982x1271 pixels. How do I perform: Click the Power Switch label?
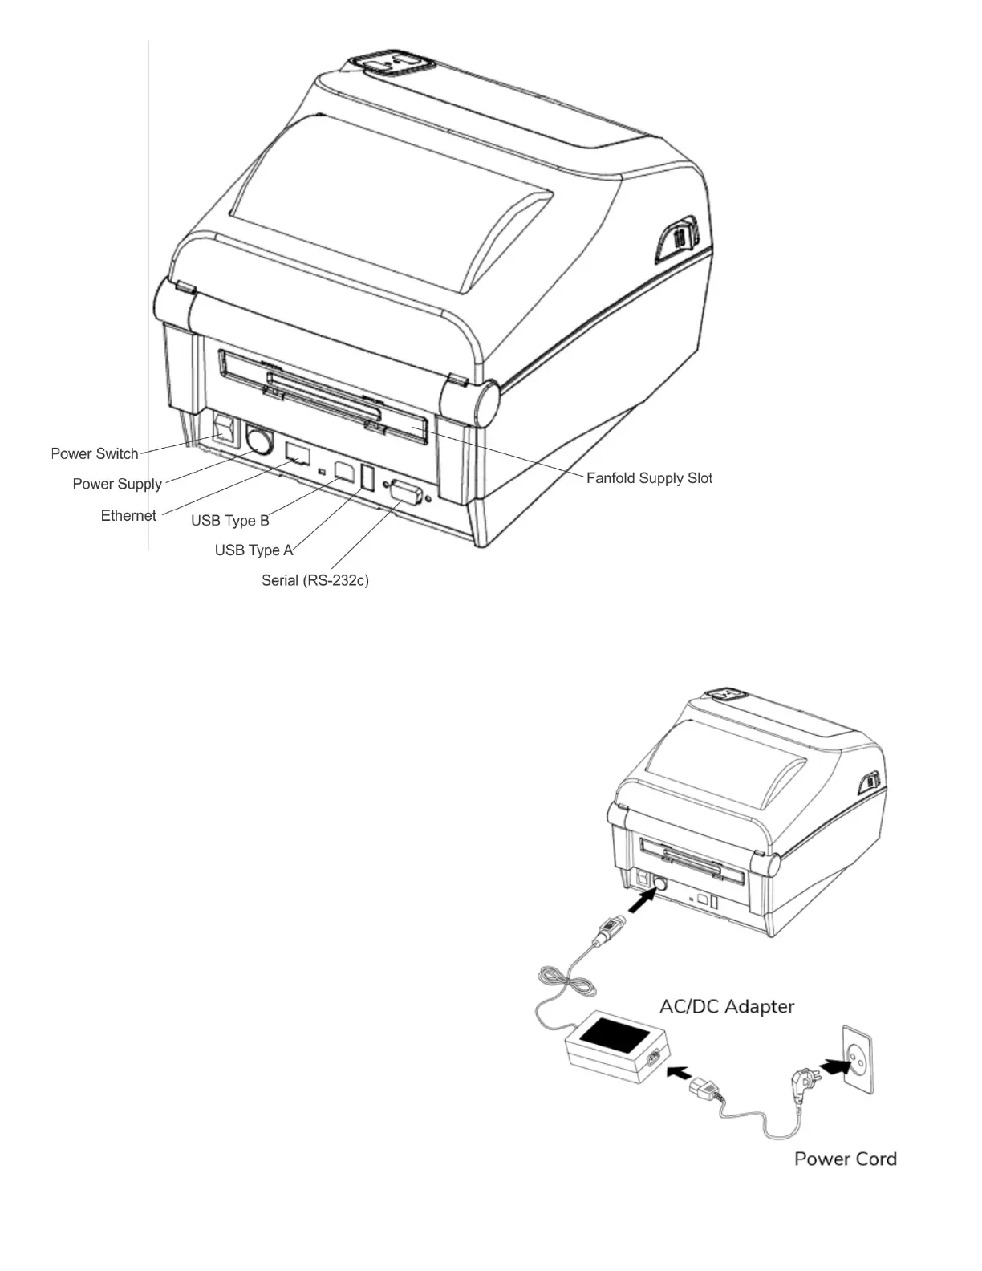pyautogui.click(x=95, y=453)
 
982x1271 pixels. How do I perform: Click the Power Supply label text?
pyautogui.click(x=117, y=484)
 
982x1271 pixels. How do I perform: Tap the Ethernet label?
pyautogui.click(x=128, y=515)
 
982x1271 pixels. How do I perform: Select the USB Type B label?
pyautogui.click(x=230, y=521)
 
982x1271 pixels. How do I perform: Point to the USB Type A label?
pyautogui.click(x=254, y=550)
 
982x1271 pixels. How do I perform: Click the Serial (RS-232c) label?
pyautogui.click(x=315, y=580)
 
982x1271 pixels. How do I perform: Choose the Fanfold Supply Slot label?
pyautogui.click(x=649, y=478)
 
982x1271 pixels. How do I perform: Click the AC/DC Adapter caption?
pyautogui.click(x=727, y=1006)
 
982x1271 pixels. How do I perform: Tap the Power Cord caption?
pyautogui.click(x=846, y=1159)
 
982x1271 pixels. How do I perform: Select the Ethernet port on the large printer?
pyautogui.click(x=298, y=453)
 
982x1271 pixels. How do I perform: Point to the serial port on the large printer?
pyautogui.click(x=406, y=489)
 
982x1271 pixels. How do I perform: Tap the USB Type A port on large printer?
pyautogui.click(x=367, y=477)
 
